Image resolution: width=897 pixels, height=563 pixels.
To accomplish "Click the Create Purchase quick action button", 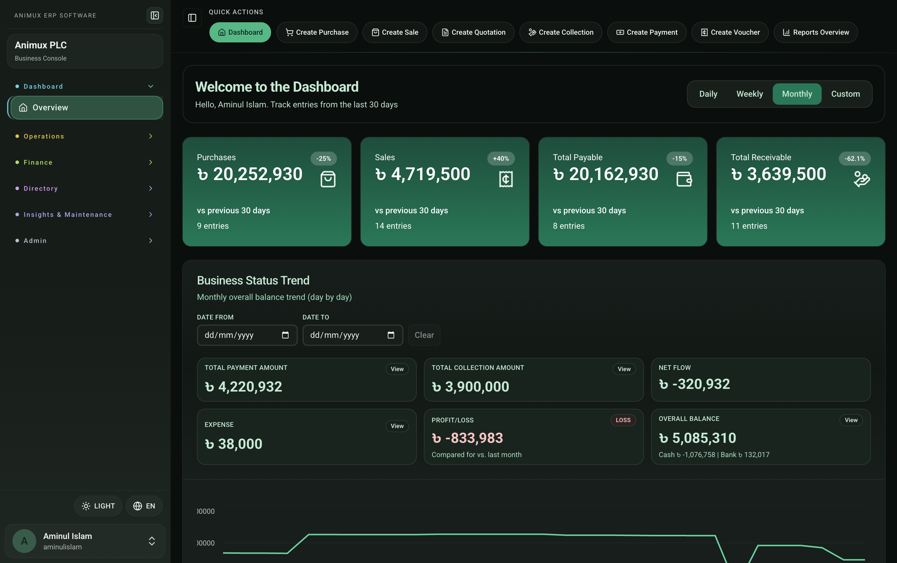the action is (317, 32).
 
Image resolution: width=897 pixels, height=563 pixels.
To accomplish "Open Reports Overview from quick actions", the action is (815, 32).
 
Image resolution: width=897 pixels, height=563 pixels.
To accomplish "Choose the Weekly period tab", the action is (750, 94).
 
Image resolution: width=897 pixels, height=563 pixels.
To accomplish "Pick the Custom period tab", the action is (845, 94).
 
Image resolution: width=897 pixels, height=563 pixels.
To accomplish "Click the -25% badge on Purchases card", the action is (324, 159).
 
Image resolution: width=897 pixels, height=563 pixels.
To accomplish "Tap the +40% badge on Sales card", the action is (501, 159).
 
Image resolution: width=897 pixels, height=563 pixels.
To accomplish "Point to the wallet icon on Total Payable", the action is (684, 179).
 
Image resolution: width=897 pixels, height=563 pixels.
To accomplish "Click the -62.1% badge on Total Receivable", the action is (855, 159).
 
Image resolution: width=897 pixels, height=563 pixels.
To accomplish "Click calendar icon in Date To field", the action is (391, 335).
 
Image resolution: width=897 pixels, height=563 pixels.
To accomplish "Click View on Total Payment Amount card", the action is (397, 369).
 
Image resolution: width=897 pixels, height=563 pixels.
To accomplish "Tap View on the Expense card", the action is (397, 426).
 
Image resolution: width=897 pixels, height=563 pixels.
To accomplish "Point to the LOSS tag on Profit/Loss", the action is (623, 420).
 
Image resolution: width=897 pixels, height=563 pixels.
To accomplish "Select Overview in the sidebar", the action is (86, 108).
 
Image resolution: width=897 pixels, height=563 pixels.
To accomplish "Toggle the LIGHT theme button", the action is (98, 506).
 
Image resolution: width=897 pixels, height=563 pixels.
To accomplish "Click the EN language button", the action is (144, 506).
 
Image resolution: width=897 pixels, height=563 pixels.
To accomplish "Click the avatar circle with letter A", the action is (24, 541).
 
